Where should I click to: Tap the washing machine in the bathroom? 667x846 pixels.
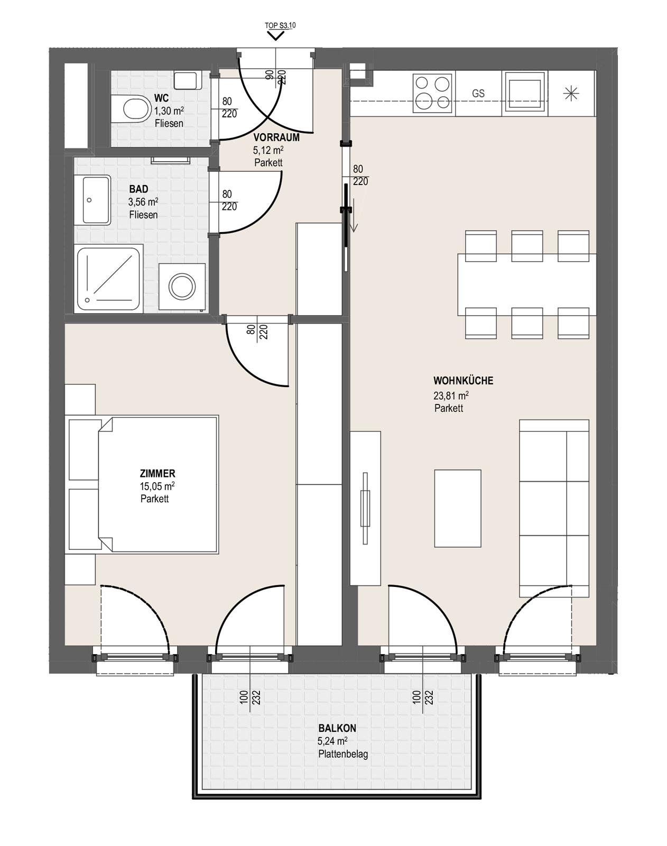(x=182, y=287)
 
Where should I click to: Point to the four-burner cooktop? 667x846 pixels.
(x=432, y=93)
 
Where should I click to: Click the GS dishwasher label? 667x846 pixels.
(x=478, y=93)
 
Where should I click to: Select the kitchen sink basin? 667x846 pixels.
(x=525, y=93)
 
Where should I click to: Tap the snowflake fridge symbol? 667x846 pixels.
(x=571, y=93)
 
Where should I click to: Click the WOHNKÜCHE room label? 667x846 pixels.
(x=463, y=381)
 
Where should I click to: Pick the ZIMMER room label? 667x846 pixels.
(x=158, y=473)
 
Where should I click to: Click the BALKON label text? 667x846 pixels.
(x=337, y=728)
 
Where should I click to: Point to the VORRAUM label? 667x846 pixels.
(x=276, y=137)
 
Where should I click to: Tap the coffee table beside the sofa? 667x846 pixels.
(x=458, y=508)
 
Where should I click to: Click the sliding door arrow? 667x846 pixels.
(x=354, y=215)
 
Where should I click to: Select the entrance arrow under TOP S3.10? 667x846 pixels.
(x=276, y=36)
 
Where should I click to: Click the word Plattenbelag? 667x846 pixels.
(x=343, y=755)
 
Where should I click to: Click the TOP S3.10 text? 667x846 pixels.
(x=280, y=25)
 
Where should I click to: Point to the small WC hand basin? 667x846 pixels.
(x=188, y=80)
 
